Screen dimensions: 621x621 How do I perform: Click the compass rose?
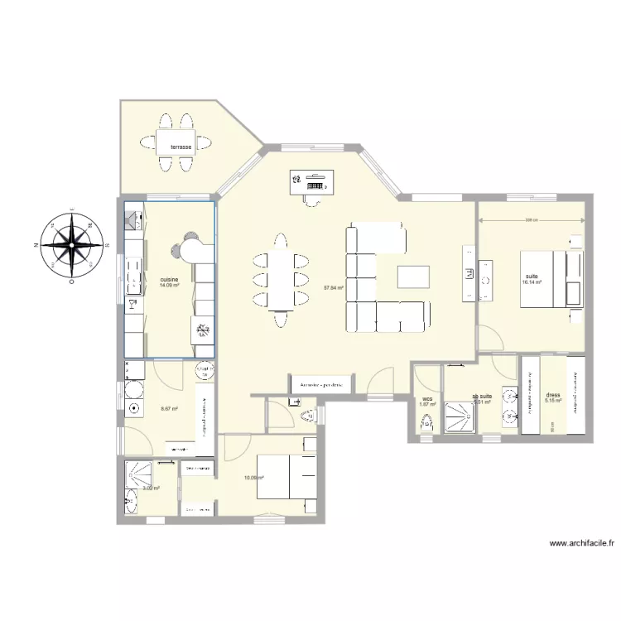tap(75, 245)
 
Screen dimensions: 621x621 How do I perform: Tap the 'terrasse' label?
tap(181, 147)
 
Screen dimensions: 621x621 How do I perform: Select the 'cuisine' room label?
tap(169, 280)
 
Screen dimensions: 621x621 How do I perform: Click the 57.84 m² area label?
tap(333, 288)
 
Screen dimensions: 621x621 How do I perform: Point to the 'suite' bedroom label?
tap(531, 276)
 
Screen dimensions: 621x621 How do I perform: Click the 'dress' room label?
tap(552, 395)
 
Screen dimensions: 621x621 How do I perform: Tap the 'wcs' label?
tap(427, 398)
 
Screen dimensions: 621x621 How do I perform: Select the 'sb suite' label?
tap(482, 396)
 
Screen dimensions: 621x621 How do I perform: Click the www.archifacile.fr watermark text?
tap(583, 545)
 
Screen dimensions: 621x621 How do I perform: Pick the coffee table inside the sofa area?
tap(413, 276)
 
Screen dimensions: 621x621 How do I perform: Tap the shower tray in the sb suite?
tap(459, 417)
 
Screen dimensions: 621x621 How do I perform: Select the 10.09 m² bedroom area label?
tap(253, 478)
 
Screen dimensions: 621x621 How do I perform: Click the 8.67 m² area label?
tap(169, 407)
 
